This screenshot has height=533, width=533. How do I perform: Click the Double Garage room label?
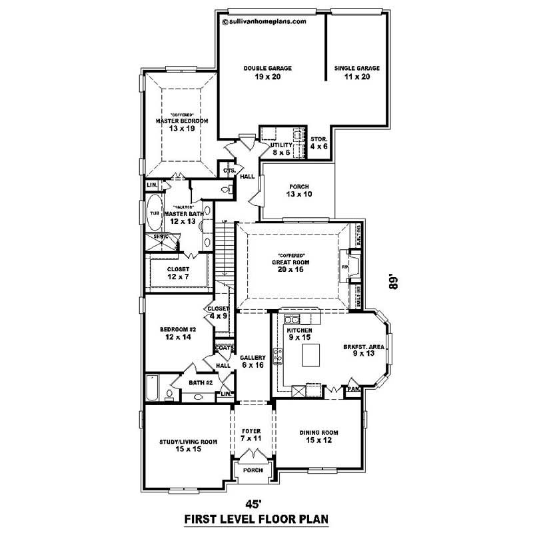267,72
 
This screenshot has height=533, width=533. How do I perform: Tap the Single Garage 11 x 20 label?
356,72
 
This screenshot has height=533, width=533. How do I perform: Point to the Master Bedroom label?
182,124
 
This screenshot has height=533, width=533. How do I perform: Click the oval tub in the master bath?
154,213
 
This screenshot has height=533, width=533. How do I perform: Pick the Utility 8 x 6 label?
282,149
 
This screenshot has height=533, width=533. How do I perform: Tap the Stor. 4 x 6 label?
318,142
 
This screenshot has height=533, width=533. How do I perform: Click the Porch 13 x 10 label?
298,191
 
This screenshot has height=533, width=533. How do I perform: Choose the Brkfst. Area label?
363,350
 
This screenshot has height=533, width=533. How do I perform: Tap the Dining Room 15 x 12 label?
318,436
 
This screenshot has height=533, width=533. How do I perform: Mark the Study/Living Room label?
189,445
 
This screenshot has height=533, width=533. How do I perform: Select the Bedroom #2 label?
176,334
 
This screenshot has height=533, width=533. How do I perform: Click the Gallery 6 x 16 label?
253,362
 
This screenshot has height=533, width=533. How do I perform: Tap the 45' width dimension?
251,502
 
